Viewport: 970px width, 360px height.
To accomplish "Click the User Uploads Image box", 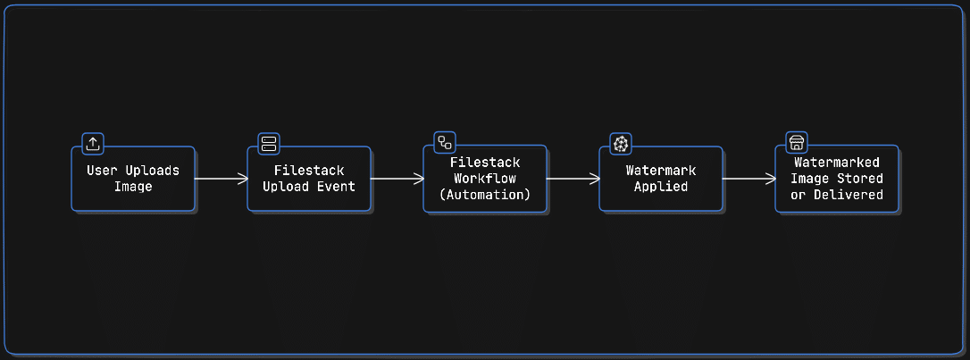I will pyautogui.click(x=133, y=179).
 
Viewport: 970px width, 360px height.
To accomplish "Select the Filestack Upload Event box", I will pyautogui.click(x=309, y=179).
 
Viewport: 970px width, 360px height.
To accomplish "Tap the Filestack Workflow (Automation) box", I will pyautogui.click(x=485, y=179).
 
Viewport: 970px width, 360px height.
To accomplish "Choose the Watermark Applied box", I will pyautogui.click(x=661, y=179).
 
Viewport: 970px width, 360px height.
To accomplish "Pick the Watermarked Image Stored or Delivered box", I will pyautogui.click(x=837, y=179).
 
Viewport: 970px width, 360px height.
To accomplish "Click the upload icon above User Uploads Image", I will pyautogui.click(x=93, y=143).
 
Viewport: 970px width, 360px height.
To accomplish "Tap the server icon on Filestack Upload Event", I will pyautogui.click(x=269, y=143).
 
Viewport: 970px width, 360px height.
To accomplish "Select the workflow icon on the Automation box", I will pyautogui.click(x=445, y=143).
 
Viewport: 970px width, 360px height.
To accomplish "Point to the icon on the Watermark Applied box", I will pyautogui.click(x=621, y=143).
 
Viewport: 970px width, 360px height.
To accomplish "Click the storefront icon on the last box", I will pyautogui.click(x=797, y=143).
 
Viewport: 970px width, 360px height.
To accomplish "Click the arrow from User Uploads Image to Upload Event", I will pyautogui.click(x=221, y=179).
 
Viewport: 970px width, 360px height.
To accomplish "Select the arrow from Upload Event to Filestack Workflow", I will pyautogui.click(x=397, y=179).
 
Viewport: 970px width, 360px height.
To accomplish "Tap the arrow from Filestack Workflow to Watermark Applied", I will pyautogui.click(x=573, y=179).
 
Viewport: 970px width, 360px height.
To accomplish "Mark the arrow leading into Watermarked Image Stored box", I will pyautogui.click(x=748, y=179).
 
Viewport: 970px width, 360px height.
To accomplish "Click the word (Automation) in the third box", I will pyautogui.click(x=485, y=195).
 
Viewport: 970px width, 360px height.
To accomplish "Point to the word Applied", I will pyautogui.click(x=661, y=187).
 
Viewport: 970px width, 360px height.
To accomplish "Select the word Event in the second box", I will pyautogui.click(x=336, y=187).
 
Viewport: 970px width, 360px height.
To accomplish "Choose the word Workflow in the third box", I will pyautogui.click(x=485, y=179).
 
